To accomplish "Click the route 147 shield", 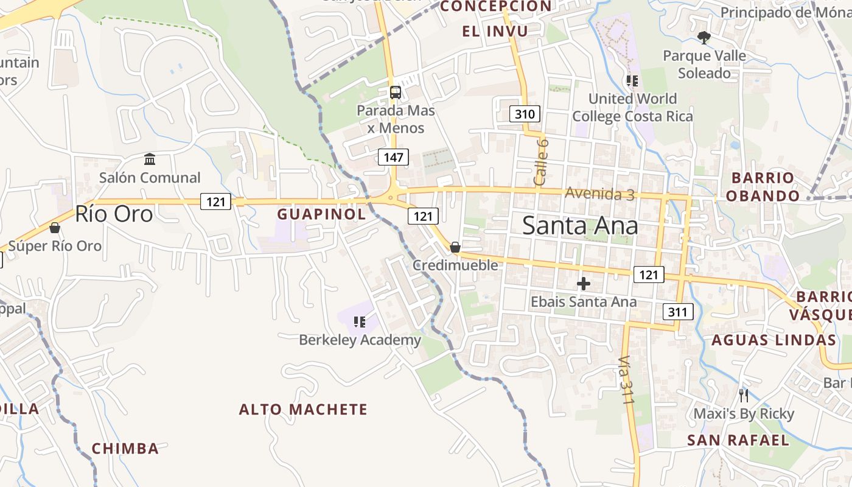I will (393, 157).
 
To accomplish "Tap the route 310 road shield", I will (524, 114).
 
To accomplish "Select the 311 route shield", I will (677, 312).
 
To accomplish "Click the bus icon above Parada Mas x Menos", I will (396, 93).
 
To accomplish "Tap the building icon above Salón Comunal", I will (150, 159).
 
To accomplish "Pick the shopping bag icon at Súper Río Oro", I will (55, 228).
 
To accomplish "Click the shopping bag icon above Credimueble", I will (455, 247).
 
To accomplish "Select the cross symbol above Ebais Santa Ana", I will (583, 284).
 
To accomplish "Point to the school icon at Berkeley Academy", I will (359, 321).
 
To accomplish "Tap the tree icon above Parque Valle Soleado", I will (704, 38).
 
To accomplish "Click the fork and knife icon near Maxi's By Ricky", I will (743, 396).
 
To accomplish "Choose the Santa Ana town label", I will (580, 226).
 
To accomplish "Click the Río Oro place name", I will (114, 214).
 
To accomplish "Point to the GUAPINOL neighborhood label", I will (321, 214).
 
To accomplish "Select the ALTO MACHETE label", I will (303, 409).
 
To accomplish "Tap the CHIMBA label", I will (125, 449).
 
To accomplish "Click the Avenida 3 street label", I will (599, 194).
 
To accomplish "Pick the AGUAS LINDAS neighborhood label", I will (773, 340).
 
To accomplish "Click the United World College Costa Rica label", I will (632, 107).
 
